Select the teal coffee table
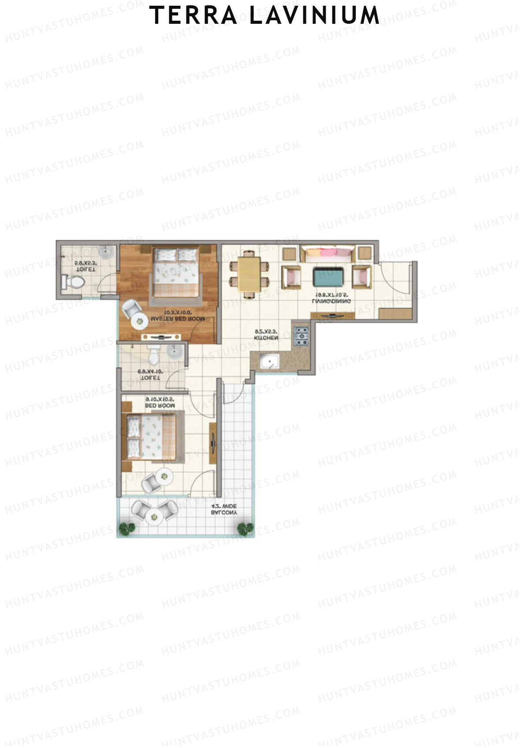click(x=328, y=277)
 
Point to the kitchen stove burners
click(x=302, y=336)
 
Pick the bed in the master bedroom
click(x=176, y=273)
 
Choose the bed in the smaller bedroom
click(x=152, y=436)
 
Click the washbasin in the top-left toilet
click(x=106, y=252)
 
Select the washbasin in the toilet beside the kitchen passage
click(x=175, y=351)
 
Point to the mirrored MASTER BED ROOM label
click(x=177, y=319)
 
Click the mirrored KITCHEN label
click(x=266, y=338)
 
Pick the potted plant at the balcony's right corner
click(x=245, y=528)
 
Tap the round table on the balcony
click(x=154, y=514)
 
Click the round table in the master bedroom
click(x=141, y=321)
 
